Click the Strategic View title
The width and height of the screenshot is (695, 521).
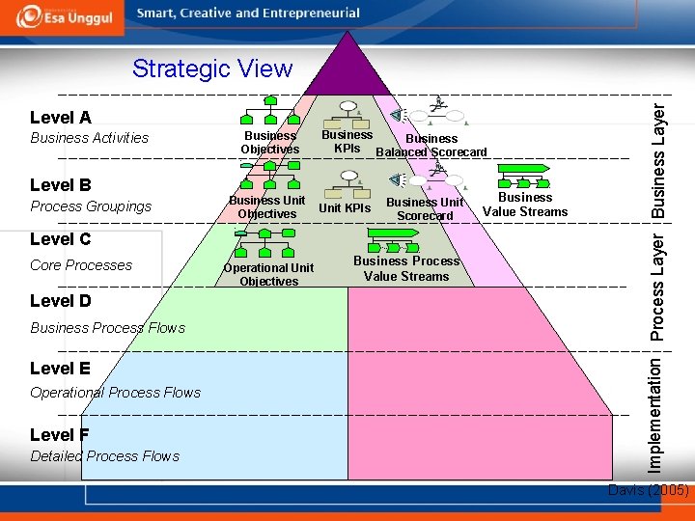211,69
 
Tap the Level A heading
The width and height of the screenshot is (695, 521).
61,118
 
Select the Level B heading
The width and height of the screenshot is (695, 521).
61,185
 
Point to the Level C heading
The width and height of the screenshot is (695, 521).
61,239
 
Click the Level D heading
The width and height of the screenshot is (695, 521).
61,301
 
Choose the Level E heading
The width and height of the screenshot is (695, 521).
61,369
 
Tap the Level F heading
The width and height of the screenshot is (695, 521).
60,435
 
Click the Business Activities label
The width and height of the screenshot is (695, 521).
90,138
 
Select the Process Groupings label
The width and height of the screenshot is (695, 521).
91,206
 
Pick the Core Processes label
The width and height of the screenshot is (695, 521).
81,265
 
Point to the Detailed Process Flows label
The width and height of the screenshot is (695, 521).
104,456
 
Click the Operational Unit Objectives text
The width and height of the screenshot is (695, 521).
268,274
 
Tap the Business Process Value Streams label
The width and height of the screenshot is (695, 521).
406,268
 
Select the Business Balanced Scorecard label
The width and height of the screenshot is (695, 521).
431,145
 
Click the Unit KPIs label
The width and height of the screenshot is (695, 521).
345,208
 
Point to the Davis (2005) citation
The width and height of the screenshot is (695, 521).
648,490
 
